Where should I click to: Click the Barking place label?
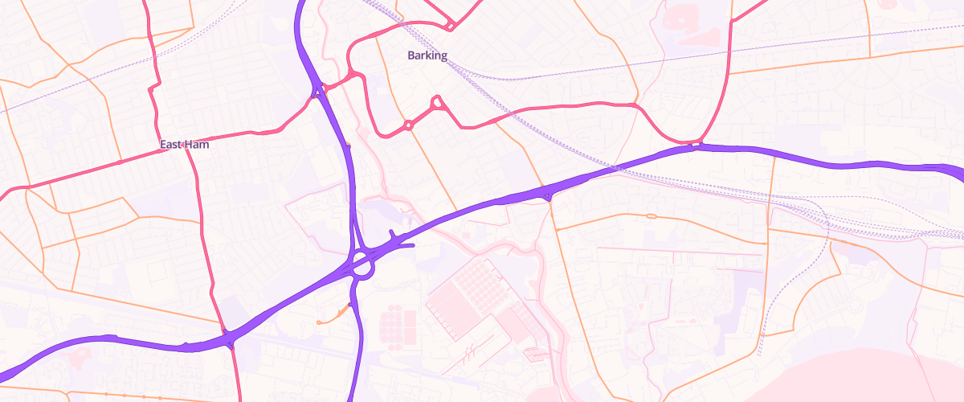coord(427,55)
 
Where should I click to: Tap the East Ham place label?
coord(184,145)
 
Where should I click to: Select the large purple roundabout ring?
coord(361,264)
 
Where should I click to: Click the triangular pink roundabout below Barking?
coord(437,102)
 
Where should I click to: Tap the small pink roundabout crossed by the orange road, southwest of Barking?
coord(408,125)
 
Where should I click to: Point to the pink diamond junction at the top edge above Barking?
coord(450,27)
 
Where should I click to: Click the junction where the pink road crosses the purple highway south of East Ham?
coord(229,336)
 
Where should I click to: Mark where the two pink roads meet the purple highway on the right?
coord(696,146)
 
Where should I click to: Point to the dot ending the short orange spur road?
coord(320,322)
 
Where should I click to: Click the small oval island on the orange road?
coord(650,215)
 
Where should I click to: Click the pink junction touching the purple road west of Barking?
coord(353,74)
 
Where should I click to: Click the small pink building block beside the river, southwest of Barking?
coord(364,132)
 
